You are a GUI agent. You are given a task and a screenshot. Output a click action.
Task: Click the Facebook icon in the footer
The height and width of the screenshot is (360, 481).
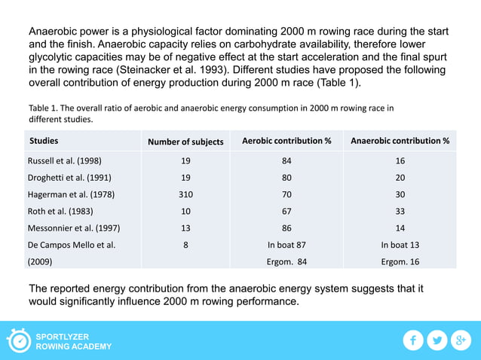413,340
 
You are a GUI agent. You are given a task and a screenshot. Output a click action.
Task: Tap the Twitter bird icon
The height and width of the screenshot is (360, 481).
437,340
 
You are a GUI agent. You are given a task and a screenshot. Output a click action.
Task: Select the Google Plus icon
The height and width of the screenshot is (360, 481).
461,340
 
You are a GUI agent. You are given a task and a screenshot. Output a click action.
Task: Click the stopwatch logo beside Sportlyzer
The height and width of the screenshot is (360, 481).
19,340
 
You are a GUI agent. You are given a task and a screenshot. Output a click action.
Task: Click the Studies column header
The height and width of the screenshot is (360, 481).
44,141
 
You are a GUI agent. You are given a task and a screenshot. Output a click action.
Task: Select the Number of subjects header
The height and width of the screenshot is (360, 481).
185,142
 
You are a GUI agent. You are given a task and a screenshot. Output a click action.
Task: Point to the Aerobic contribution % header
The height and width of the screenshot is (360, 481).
287,141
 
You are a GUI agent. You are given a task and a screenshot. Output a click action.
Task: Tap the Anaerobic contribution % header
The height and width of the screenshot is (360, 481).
400,141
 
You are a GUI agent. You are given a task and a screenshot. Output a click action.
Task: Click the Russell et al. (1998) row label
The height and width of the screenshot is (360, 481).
65,160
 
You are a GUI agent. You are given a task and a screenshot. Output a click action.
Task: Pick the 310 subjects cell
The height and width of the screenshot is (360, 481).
185,194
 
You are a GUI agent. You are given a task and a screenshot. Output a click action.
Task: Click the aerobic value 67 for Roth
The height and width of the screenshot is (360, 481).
286,211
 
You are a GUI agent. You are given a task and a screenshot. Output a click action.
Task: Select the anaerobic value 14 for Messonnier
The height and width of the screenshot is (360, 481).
400,228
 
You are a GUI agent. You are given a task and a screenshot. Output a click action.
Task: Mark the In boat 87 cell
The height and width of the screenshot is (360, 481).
286,245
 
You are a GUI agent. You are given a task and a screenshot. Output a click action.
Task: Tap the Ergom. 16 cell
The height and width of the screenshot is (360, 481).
400,261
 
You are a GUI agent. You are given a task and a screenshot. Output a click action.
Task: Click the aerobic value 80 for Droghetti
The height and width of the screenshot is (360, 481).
286,178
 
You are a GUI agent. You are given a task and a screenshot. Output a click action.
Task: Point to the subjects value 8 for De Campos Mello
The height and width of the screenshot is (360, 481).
185,245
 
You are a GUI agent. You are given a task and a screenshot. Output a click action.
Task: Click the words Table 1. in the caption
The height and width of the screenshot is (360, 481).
44,108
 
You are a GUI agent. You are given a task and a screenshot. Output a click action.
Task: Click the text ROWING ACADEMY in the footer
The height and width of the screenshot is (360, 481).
74,346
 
